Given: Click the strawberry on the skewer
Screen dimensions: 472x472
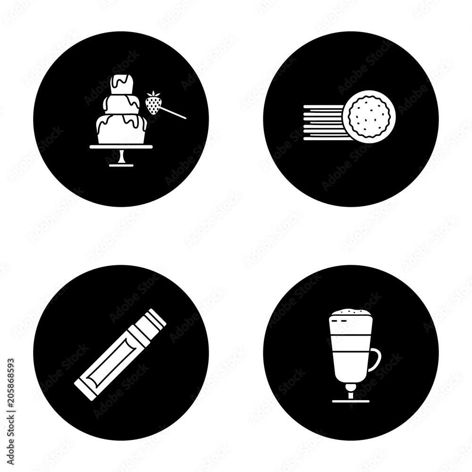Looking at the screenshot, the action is [x=152, y=104].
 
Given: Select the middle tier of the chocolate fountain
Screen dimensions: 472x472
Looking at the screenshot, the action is [x=122, y=104].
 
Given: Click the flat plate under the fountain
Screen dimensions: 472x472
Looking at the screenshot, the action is [x=121, y=147].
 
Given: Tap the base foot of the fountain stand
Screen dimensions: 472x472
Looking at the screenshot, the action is [x=121, y=165].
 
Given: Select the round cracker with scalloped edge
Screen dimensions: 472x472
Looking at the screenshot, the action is [x=365, y=120].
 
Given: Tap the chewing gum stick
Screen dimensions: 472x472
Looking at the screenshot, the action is [x=120, y=354].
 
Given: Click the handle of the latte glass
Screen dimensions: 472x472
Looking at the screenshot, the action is [x=376, y=360].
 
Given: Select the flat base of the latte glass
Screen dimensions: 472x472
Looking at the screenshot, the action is [x=351, y=401].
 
